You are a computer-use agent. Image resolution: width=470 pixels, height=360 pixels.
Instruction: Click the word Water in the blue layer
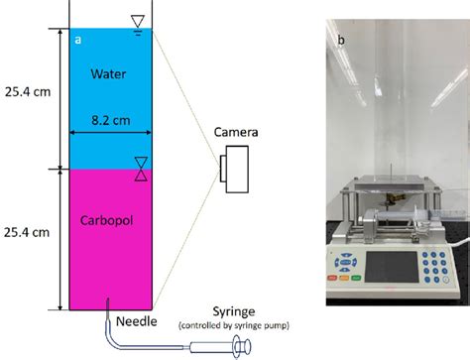pos(109,73)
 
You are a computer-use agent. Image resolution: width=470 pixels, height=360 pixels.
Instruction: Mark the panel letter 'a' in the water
pos(78,39)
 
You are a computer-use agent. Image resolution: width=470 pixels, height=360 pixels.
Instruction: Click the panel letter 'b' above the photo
pos(341,41)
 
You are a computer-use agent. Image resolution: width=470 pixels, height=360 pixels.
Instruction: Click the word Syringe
pos(233,310)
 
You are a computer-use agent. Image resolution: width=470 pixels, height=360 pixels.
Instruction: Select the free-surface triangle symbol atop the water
pos(138,22)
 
